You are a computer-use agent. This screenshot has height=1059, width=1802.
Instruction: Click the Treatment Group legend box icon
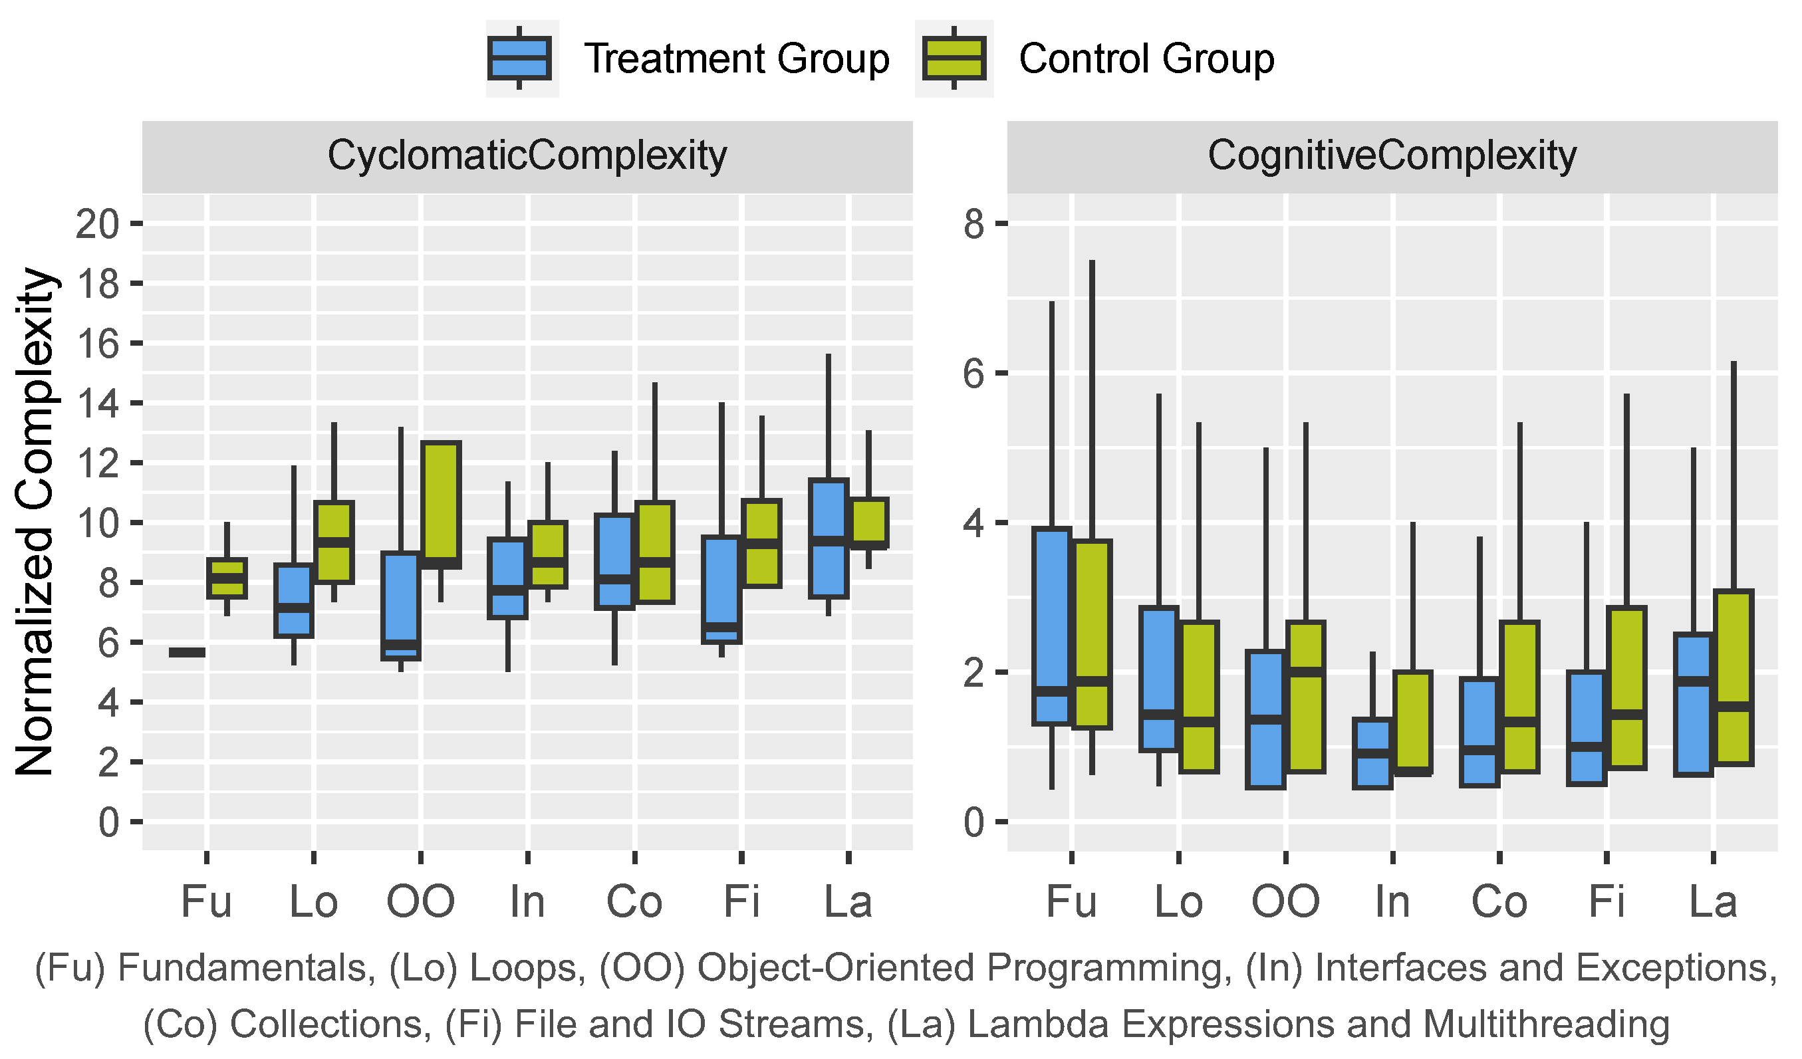pyautogui.click(x=519, y=58)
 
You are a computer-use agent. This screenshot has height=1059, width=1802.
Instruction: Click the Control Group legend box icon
pyautogui.click(x=954, y=58)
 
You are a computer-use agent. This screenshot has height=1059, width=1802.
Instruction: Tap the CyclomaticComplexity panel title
pyautogui.click(x=527, y=155)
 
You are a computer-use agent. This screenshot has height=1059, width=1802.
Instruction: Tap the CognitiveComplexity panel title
pyautogui.click(x=1392, y=155)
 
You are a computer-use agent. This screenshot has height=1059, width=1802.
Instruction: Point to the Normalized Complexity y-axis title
pyautogui.click(x=35, y=522)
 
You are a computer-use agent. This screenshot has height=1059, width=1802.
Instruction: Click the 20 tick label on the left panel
pyautogui.click(x=97, y=225)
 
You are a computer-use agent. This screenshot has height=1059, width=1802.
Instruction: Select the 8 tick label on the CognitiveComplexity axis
pyautogui.click(x=974, y=225)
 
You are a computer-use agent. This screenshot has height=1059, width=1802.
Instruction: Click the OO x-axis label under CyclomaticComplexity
pyautogui.click(x=420, y=901)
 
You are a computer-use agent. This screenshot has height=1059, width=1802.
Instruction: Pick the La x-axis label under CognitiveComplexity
pyautogui.click(x=1713, y=901)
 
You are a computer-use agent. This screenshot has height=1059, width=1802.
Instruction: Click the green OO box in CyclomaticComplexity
pyautogui.click(x=440, y=504)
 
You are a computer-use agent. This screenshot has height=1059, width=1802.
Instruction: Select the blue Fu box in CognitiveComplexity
pyautogui.click(x=1051, y=626)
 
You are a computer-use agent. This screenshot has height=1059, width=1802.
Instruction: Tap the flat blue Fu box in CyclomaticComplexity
pyautogui.click(x=188, y=652)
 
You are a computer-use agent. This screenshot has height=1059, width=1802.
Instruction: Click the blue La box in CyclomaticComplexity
pyautogui.click(x=828, y=538)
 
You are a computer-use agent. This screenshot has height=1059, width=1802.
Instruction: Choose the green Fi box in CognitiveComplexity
pyautogui.click(x=1626, y=688)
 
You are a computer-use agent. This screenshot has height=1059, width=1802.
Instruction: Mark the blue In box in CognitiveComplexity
pyautogui.click(x=1372, y=753)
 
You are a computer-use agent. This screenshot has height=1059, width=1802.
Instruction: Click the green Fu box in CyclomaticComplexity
pyautogui.click(x=227, y=578)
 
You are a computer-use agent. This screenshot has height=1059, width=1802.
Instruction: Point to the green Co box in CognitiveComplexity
pyautogui.click(x=1519, y=697)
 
